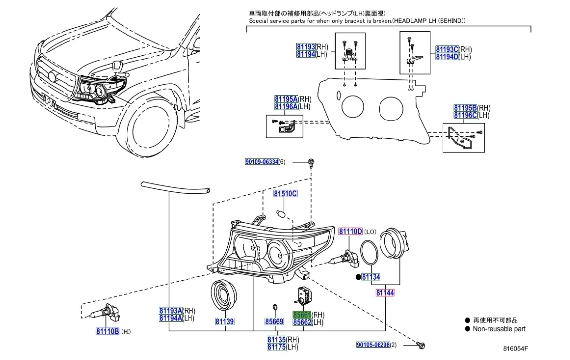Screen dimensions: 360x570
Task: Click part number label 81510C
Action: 285,194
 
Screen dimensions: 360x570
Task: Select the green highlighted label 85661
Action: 301,315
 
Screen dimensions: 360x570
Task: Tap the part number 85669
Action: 274,322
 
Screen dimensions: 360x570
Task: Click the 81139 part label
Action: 224,322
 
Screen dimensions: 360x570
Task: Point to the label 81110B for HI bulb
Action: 107,331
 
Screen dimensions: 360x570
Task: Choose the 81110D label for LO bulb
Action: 350,232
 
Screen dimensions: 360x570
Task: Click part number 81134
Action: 371,277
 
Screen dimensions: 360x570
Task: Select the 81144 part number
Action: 385,293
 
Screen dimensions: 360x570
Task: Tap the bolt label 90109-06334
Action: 261,162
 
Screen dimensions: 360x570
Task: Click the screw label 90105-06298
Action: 373,345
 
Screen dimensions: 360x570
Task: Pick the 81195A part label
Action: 286,99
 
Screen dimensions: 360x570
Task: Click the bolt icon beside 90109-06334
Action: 310,162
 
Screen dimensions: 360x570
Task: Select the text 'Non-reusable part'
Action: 499,329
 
